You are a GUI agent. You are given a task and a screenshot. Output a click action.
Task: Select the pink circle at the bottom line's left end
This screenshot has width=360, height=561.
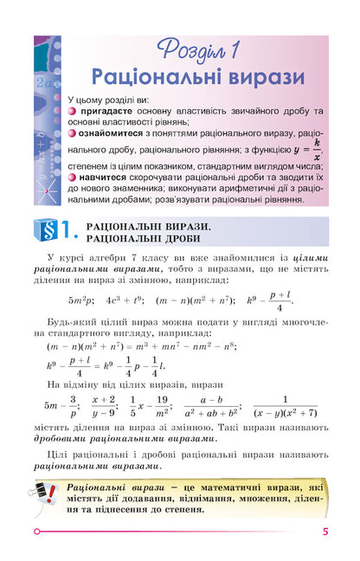(x=36, y=532)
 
